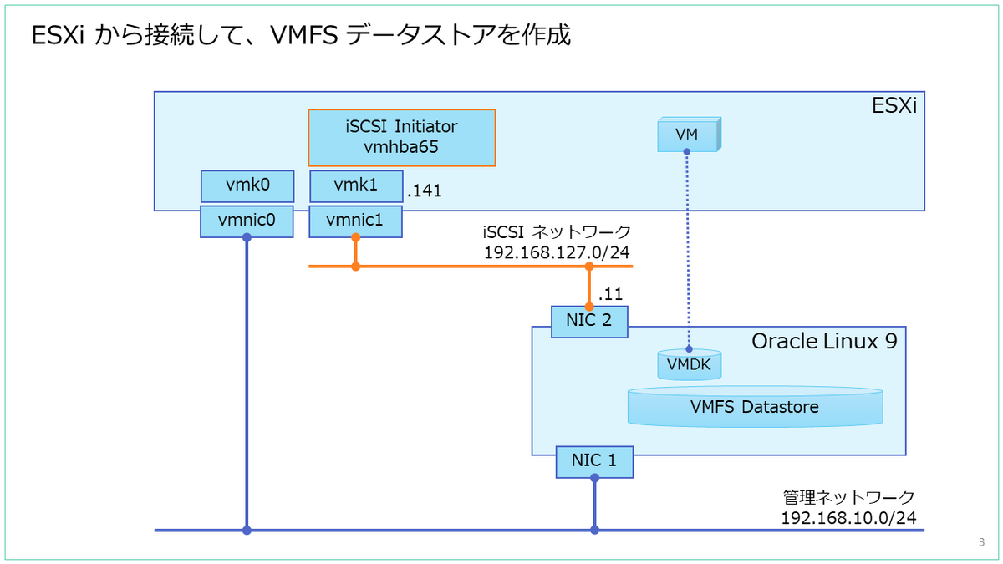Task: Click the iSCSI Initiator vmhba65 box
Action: coord(402,137)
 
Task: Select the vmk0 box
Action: coord(247,183)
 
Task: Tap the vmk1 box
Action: coord(355,183)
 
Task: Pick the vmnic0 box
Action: coord(247,221)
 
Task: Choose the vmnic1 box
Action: coord(355,221)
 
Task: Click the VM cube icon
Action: coord(687,135)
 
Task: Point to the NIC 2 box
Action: coord(589,322)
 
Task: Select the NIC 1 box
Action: coord(594,461)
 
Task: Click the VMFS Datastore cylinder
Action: coord(755,408)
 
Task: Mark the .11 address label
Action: coord(610,293)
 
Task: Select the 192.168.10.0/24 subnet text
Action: coord(848,518)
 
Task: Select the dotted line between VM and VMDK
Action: coord(687,251)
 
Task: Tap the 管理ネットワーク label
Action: coord(848,496)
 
